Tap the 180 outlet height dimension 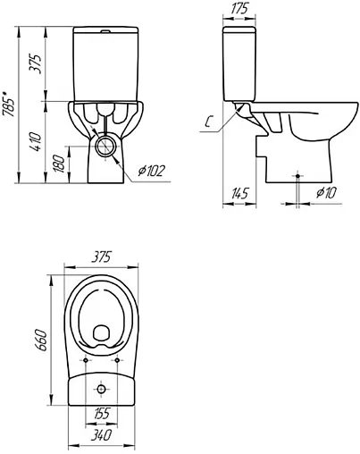[59, 164]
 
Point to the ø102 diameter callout [151, 171]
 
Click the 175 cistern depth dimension [239, 9]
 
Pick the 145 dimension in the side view [239, 194]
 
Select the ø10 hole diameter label [326, 192]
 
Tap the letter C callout [209, 122]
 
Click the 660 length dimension [41, 340]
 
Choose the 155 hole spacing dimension [101, 413]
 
